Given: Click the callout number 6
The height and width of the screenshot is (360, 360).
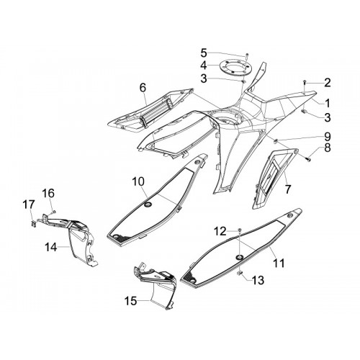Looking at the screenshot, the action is point(143,88).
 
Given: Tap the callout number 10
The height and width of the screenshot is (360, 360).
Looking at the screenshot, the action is point(138,181).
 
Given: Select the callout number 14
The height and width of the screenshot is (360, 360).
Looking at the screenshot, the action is point(51,247).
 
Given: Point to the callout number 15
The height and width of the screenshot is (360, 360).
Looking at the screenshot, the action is point(130,301).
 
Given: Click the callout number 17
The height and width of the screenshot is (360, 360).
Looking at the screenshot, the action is point(29,205).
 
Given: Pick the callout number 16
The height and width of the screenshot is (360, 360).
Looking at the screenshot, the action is point(48,193).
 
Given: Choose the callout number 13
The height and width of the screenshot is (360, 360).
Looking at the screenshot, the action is point(258,280).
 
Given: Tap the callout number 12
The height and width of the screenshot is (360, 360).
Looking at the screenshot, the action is point(220,231).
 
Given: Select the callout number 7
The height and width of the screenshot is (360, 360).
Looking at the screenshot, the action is point(287,189).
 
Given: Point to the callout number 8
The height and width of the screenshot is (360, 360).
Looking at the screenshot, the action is point(328,148).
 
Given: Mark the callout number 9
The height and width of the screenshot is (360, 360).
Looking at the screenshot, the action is point(328,136).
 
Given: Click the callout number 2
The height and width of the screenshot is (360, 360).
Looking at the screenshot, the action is point(328,83).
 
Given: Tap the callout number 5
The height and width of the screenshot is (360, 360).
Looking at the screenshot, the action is point(204,53).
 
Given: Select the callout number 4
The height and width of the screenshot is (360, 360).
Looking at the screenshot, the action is point(204,66).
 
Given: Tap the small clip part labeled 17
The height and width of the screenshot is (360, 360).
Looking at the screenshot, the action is point(33,223).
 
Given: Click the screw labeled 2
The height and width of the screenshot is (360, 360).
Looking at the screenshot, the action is point(305,82).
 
